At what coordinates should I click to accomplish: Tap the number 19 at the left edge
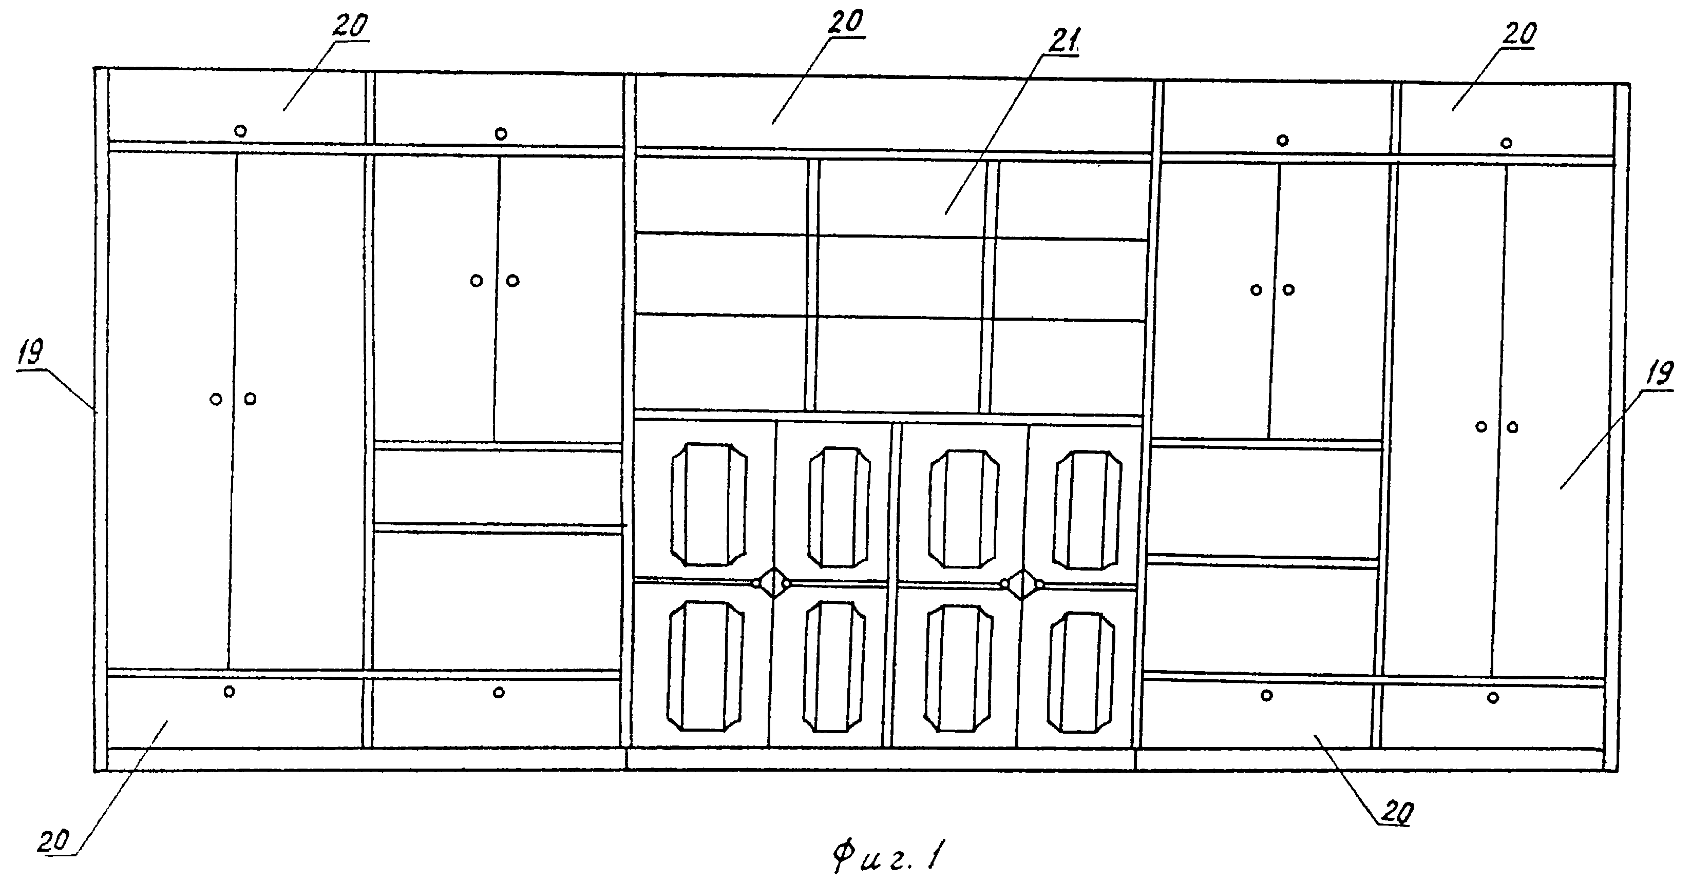click(30, 354)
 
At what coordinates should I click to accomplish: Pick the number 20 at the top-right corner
click(1519, 34)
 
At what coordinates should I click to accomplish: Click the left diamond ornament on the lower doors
click(771, 582)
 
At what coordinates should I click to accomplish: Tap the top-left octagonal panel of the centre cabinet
click(708, 504)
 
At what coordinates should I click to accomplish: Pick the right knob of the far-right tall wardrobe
click(1512, 427)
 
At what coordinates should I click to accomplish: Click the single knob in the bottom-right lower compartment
click(1493, 697)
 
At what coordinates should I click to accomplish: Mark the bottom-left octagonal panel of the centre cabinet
click(706, 666)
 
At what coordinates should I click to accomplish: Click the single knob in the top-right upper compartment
click(1507, 143)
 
